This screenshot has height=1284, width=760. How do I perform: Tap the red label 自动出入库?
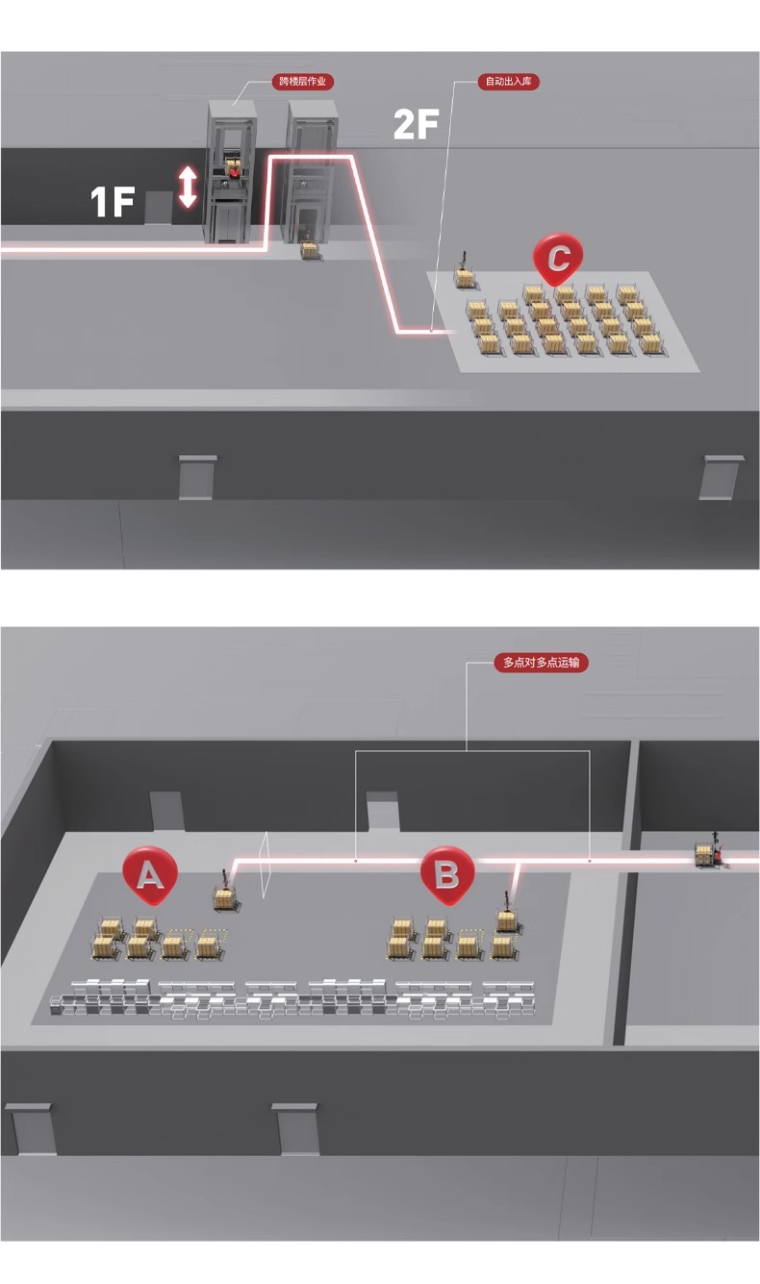pyautogui.click(x=509, y=82)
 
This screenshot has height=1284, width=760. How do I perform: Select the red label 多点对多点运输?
pyautogui.click(x=542, y=662)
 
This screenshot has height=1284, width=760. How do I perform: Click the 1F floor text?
pyautogui.click(x=112, y=202)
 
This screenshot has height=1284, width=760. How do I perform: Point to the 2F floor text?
pyautogui.click(x=416, y=124)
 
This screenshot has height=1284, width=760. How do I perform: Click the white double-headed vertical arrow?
pyautogui.click(x=188, y=187)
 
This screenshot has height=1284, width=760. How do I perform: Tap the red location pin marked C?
pyautogui.click(x=558, y=259)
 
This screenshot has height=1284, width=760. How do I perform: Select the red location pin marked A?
pyautogui.click(x=150, y=874)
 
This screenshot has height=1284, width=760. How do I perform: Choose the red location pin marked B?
pyautogui.click(x=447, y=874)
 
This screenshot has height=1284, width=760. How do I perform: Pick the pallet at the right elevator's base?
pyautogui.click(x=309, y=249)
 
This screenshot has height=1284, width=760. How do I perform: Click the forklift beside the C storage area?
pyautogui.click(x=465, y=274)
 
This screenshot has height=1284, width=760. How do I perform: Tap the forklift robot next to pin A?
pyautogui.click(x=224, y=894)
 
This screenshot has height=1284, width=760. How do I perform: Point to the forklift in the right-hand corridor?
pyautogui.click(x=710, y=852)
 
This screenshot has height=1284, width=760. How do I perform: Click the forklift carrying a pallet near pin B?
pyautogui.click(x=506, y=915)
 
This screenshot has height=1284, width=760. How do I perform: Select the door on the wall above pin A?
pyautogui.click(x=166, y=811)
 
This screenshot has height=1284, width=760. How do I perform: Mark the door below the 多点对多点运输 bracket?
pyautogui.click(x=383, y=811)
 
